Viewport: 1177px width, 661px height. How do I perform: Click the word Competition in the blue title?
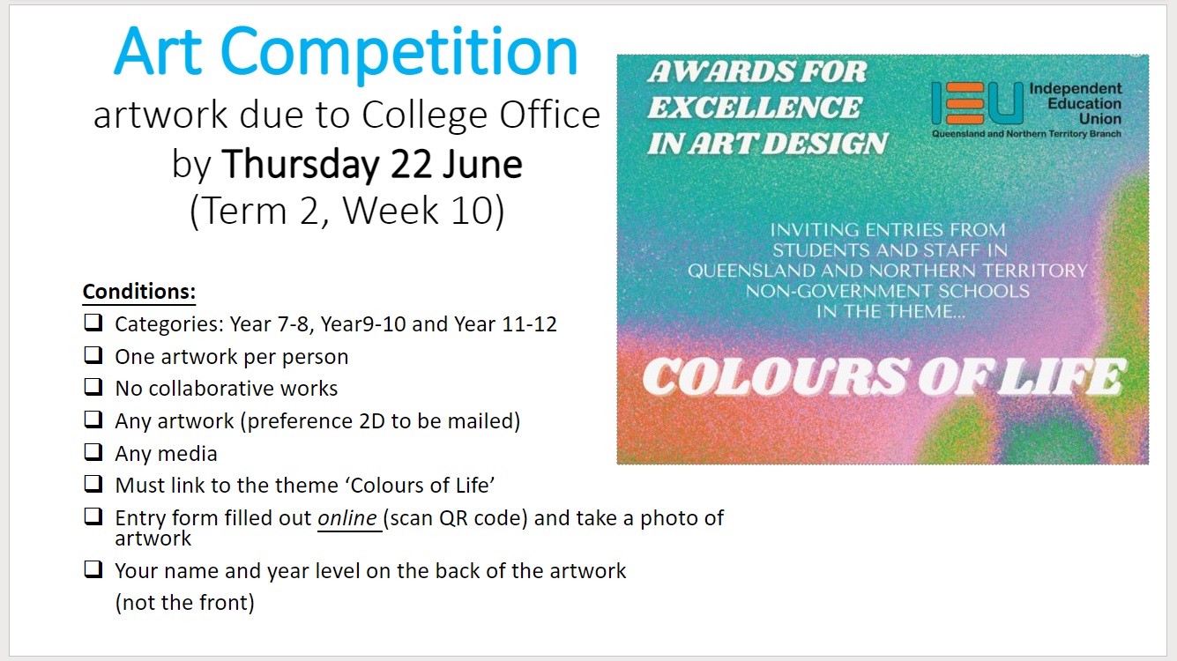[x=399, y=53]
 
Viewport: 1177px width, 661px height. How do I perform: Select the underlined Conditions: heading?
[x=139, y=292]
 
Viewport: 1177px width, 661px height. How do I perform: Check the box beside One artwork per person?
[x=93, y=355]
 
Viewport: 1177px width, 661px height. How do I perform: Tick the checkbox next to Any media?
[x=93, y=452]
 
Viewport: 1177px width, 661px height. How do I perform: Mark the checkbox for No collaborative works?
[x=93, y=387]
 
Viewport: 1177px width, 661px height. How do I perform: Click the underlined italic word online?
[x=347, y=518]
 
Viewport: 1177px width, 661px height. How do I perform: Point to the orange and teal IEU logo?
[x=978, y=103]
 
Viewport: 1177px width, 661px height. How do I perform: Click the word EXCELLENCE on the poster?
[x=755, y=108]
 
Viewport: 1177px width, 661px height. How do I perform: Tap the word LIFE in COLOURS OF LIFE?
[x=1062, y=376]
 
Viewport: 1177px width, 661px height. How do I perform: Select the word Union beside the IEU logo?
[x=1100, y=119]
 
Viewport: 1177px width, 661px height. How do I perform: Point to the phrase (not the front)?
[x=184, y=603]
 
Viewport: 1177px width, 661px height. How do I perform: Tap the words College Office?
[x=480, y=115]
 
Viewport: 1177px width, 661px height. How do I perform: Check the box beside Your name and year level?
[x=93, y=569]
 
